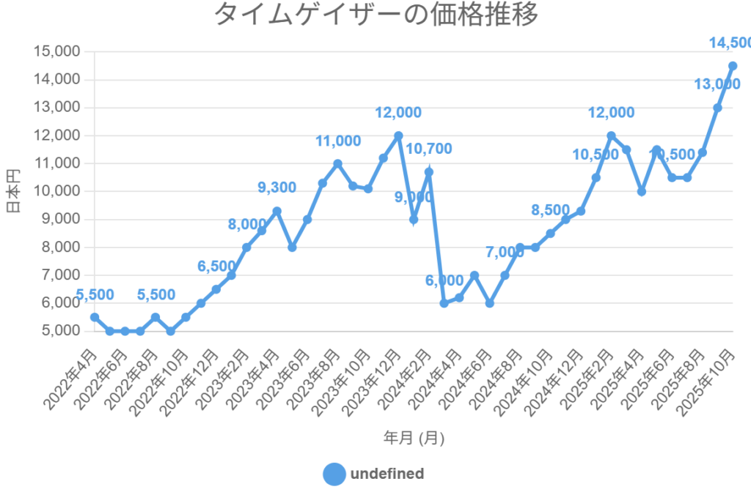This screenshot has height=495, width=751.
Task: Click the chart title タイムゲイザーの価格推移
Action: (x=375, y=15)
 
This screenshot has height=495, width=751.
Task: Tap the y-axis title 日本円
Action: (x=13, y=191)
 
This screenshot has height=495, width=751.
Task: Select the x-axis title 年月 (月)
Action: (x=414, y=438)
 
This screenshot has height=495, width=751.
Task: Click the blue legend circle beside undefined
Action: (x=334, y=474)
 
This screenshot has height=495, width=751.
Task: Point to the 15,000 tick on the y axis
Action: (x=57, y=52)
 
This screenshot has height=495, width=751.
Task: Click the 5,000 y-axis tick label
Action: (x=61, y=331)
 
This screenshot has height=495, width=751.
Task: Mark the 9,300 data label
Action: (x=276, y=187)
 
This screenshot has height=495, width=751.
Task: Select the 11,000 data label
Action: (x=337, y=141)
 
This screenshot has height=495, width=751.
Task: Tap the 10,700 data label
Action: (x=428, y=149)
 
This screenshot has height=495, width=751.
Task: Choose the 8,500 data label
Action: (x=550, y=211)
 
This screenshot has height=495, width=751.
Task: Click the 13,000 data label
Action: (x=717, y=84)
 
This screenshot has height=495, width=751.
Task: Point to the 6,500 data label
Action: (x=216, y=267)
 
